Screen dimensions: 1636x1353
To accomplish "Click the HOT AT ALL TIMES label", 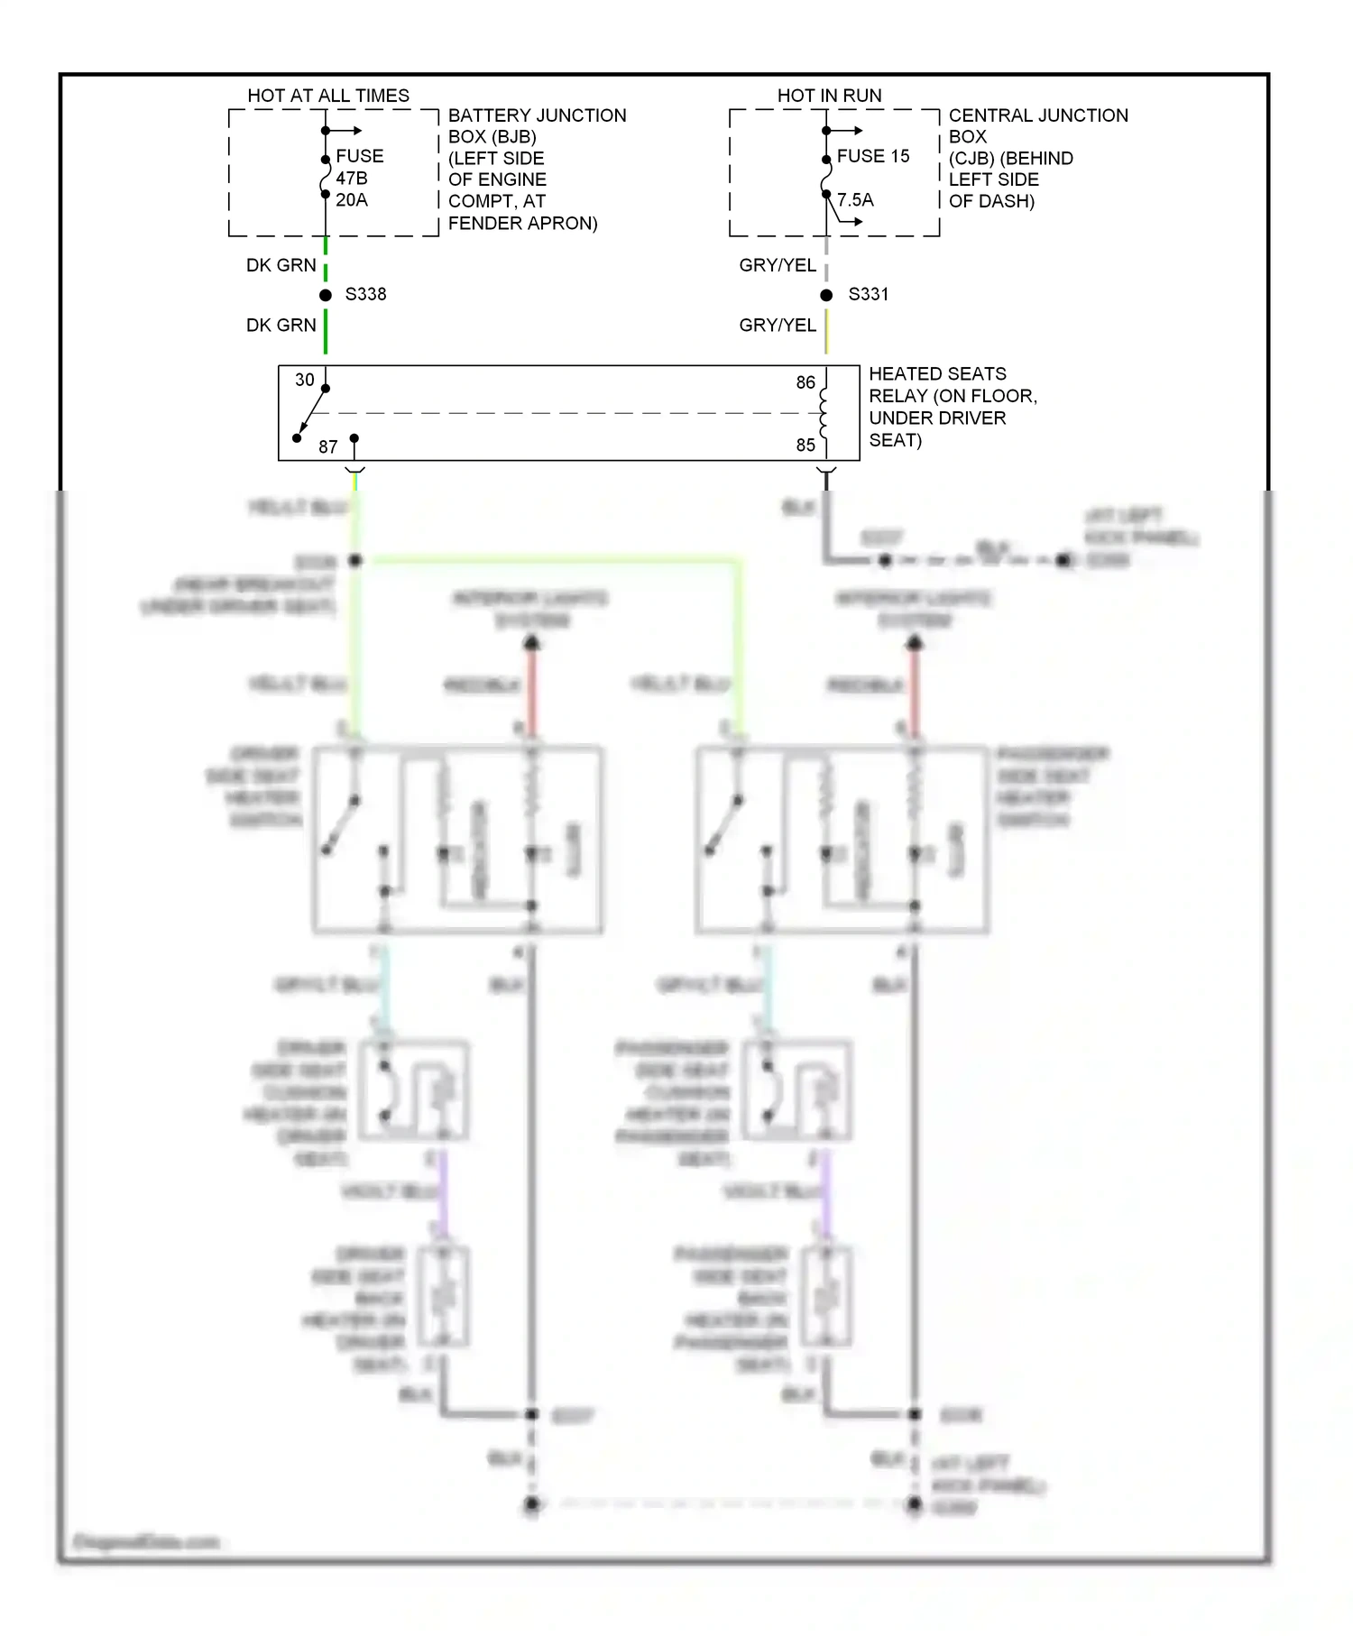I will [x=328, y=96].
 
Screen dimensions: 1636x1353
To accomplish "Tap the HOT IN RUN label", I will [x=829, y=96].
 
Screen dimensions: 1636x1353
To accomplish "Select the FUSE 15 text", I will [x=872, y=156].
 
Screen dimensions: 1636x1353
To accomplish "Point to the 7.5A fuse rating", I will [x=855, y=200].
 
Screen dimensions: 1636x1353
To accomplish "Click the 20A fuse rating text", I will [x=352, y=200].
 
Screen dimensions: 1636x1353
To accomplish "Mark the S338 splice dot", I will [x=326, y=295].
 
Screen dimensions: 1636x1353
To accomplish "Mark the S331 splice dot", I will [x=826, y=295].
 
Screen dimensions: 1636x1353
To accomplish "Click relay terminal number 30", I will [x=305, y=380].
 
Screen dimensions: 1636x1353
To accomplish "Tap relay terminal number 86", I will [x=805, y=382].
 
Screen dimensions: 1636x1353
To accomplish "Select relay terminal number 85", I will [x=805, y=445].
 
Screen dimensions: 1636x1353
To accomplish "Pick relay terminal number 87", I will [x=328, y=446].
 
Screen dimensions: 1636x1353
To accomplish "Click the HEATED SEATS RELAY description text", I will [x=952, y=407].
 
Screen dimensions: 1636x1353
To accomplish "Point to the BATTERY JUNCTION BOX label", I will [x=536, y=169].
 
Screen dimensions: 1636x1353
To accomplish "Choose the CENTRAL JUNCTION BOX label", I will [x=1037, y=158].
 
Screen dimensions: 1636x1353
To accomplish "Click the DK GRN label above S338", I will [x=281, y=265].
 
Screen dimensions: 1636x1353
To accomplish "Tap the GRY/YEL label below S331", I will [x=777, y=325].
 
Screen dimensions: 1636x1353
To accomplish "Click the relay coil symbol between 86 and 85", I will [x=824, y=413].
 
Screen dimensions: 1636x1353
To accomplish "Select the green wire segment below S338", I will [x=326, y=331].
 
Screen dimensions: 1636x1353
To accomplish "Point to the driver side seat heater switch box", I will [x=457, y=839].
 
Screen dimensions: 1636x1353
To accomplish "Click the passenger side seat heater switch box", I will [x=842, y=839].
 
